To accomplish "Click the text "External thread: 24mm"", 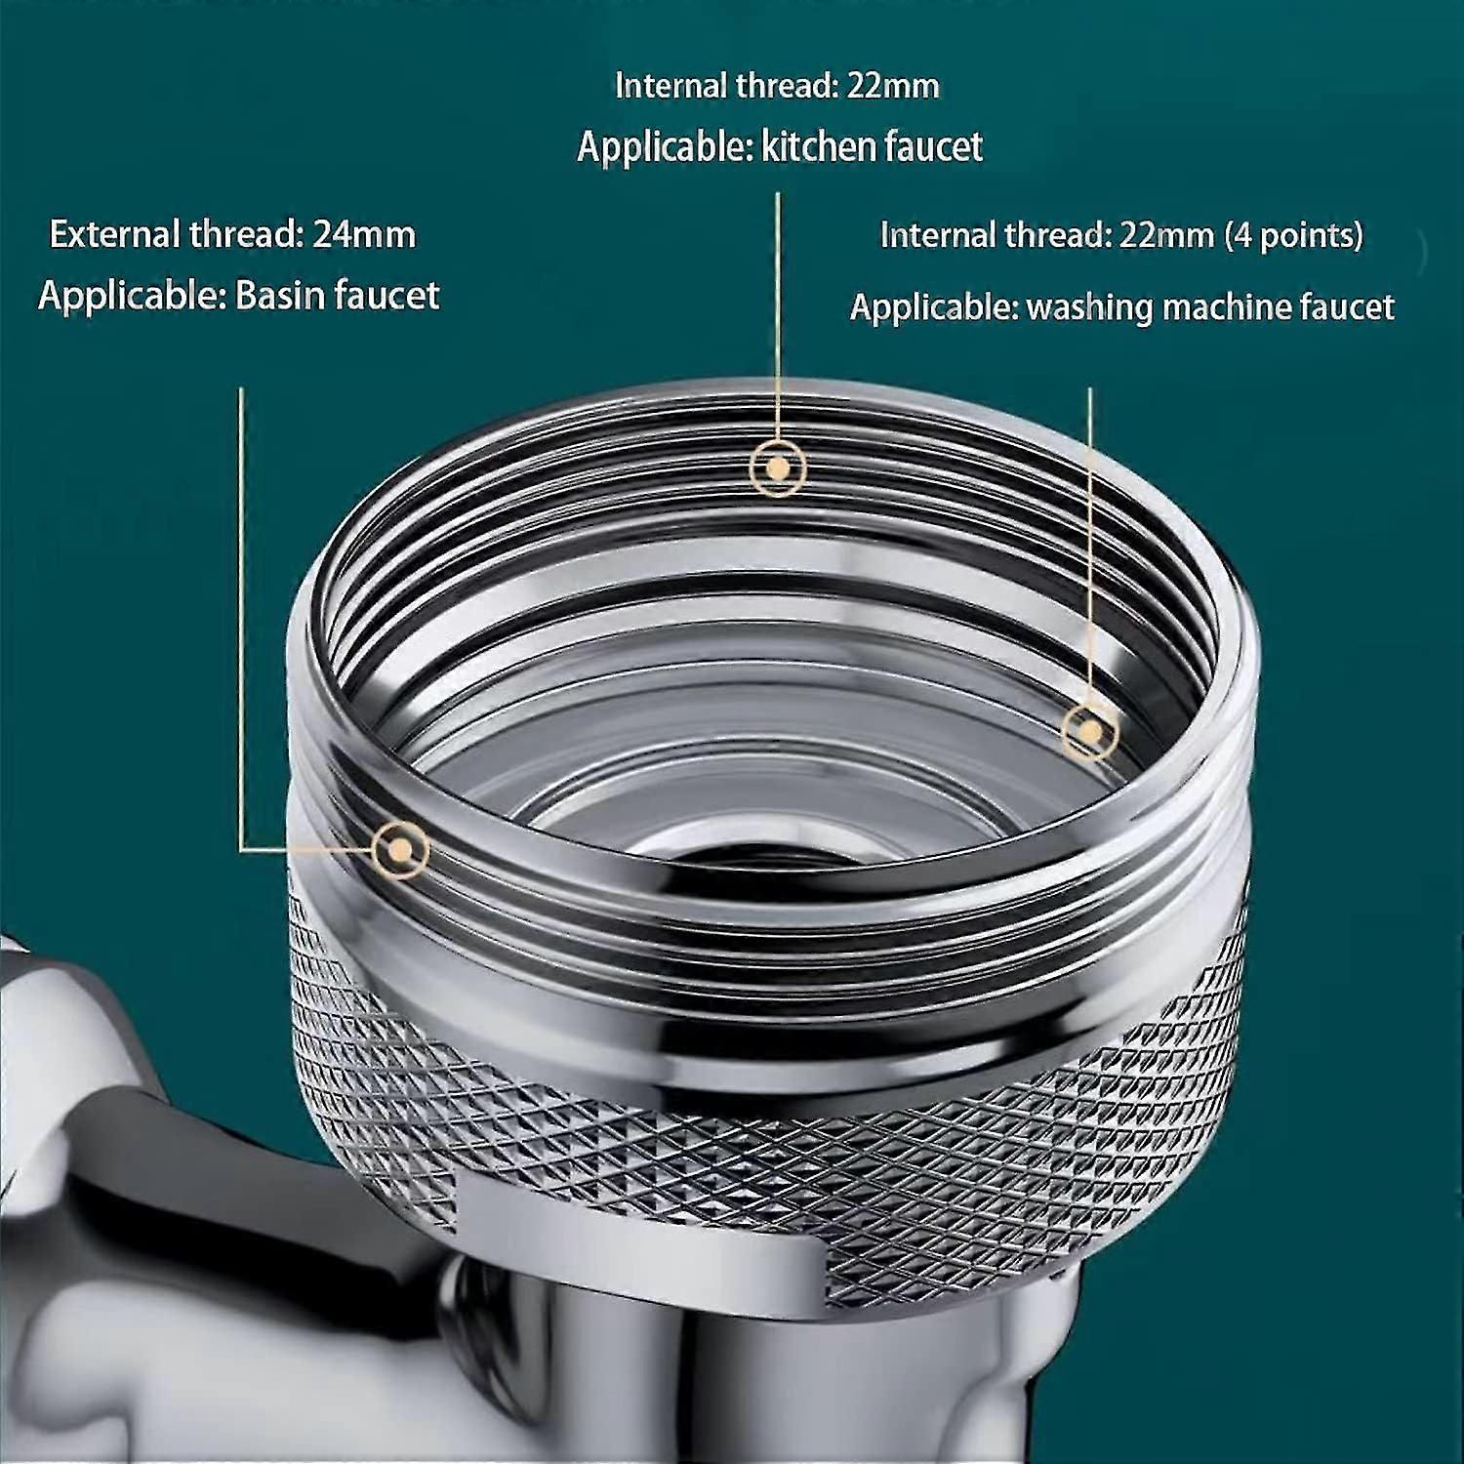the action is (x=232, y=235).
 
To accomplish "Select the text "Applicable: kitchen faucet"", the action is (x=780, y=147).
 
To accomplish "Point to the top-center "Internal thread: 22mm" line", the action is (x=777, y=86).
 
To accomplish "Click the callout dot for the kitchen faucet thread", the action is (x=778, y=468).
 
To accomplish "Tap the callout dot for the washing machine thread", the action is (x=1090, y=731).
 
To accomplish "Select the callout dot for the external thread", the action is (x=399, y=849).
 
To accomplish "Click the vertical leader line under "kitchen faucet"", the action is (x=778, y=316).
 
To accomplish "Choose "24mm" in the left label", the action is (x=364, y=235).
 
